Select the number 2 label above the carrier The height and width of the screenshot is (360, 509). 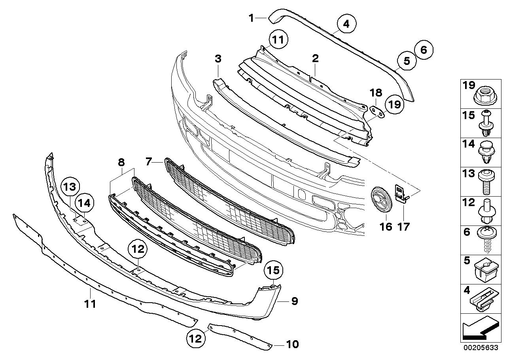tap(315, 59)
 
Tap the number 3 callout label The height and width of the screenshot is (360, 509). tap(218, 59)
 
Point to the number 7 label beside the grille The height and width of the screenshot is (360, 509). tap(148, 161)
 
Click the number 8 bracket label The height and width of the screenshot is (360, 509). tap(121, 161)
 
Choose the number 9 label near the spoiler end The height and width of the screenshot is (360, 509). tap(294, 301)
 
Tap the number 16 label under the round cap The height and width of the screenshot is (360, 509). tap(386, 227)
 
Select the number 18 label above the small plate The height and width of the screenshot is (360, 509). tap(376, 93)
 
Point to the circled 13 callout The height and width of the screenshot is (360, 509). tap(70, 186)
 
